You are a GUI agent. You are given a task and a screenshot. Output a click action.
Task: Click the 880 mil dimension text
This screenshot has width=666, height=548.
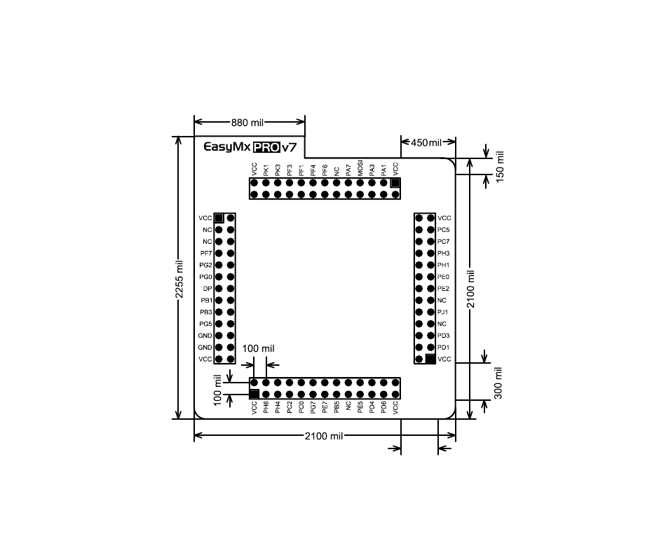(247, 123)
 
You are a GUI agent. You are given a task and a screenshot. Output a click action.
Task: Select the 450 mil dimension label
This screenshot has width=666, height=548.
(426, 143)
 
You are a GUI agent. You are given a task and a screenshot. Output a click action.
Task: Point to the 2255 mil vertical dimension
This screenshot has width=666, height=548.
(179, 279)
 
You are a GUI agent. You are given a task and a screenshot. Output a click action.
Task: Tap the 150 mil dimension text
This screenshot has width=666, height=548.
(500, 167)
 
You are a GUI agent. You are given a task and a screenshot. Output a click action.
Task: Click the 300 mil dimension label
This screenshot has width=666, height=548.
(498, 383)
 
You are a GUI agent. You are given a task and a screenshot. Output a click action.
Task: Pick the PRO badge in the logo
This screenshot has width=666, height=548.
(266, 147)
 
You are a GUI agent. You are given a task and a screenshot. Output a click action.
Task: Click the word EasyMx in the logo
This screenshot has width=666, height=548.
(228, 147)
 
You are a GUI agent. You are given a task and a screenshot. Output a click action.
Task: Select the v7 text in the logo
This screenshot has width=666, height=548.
(290, 148)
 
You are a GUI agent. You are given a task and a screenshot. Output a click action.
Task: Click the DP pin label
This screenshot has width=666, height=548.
(208, 289)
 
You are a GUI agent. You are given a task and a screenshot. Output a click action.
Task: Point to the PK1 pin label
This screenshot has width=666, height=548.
(266, 170)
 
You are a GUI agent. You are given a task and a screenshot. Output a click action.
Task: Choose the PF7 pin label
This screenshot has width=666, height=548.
(206, 254)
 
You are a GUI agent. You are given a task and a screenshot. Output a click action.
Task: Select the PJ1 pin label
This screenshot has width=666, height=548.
(442, 312)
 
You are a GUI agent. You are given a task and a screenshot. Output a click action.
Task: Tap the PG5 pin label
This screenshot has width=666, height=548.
(205, 324)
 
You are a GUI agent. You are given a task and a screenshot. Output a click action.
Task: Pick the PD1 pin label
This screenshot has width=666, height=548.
(444, 347)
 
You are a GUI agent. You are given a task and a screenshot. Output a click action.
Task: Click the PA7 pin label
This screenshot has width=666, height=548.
(348, 170)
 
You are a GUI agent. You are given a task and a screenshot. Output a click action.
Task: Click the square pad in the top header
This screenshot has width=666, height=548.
(395, 183)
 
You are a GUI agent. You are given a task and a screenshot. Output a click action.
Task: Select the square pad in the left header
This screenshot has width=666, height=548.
(219, 218)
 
